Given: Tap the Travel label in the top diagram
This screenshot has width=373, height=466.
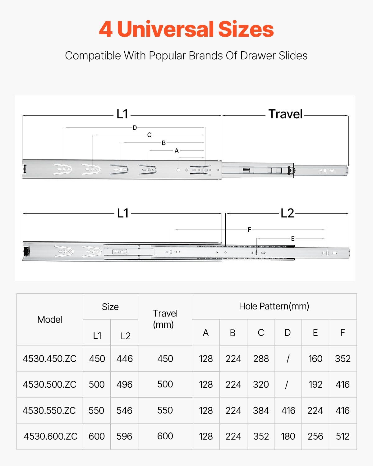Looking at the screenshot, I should pyautogui.click(x=285, y=114).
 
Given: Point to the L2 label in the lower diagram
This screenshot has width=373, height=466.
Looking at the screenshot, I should pyautogui.click(x=287, y=213).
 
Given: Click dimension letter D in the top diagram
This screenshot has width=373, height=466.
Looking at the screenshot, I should pyautogui.click(x=135, y=128).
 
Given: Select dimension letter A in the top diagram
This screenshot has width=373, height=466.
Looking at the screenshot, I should pyautogui.click(x=177, y=151).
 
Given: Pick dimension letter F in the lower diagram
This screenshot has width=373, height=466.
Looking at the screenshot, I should pyautogui.click(x=249, y=230).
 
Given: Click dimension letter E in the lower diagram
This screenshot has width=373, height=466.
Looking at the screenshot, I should pyautogui.click(x=292, y=239).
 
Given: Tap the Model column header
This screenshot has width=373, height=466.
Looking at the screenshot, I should pyautogui.click(x=50, y=319).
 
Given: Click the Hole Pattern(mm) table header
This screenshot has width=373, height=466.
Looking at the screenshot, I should pyautogui.click(x=274, y=306).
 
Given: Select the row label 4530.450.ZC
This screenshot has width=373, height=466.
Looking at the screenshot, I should pyautogui.click(x=50, y=359).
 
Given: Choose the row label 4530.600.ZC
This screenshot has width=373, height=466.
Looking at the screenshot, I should pyautogui.click(x=50, y=436).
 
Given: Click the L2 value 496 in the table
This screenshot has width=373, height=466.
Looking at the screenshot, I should pyautogui.click(x=124, y=385).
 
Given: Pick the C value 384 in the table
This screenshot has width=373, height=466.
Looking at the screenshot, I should pyautogui.click(x=261, y=410).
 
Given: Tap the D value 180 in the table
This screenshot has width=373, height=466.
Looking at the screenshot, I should pyautogui.click(x=288, y=436).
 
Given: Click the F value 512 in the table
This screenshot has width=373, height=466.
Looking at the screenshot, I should pyautogui.click(x=343, y=436).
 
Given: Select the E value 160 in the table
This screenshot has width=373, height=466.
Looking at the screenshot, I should pyautogui.click(x=315, y=359).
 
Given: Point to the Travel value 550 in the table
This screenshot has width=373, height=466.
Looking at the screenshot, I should pyautogui.click(x=165, y=410).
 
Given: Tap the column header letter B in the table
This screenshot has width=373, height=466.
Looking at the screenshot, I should pyautogui.click(x=233, y=333).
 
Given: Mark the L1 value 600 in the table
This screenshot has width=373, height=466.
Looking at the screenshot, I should pyautogui.click(x=97, y=436).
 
